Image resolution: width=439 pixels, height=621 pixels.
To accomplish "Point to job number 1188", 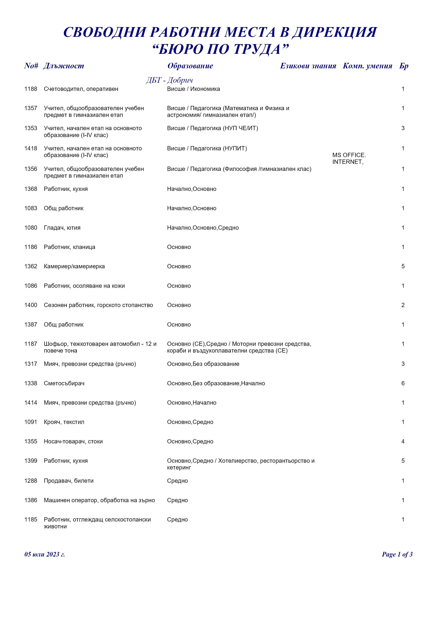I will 31,89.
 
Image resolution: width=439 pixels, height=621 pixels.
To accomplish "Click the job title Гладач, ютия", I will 62,228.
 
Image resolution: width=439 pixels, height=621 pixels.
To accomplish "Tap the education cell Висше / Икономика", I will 193,89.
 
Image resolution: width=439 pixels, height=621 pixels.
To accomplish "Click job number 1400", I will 31,305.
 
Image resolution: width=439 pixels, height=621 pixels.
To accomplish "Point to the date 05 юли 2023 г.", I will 45,554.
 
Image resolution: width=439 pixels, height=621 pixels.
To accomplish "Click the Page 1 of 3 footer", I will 397,554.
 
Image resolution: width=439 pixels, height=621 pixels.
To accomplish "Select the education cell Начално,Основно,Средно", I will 203,228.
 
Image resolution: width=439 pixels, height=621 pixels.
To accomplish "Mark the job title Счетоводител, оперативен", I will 81,89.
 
